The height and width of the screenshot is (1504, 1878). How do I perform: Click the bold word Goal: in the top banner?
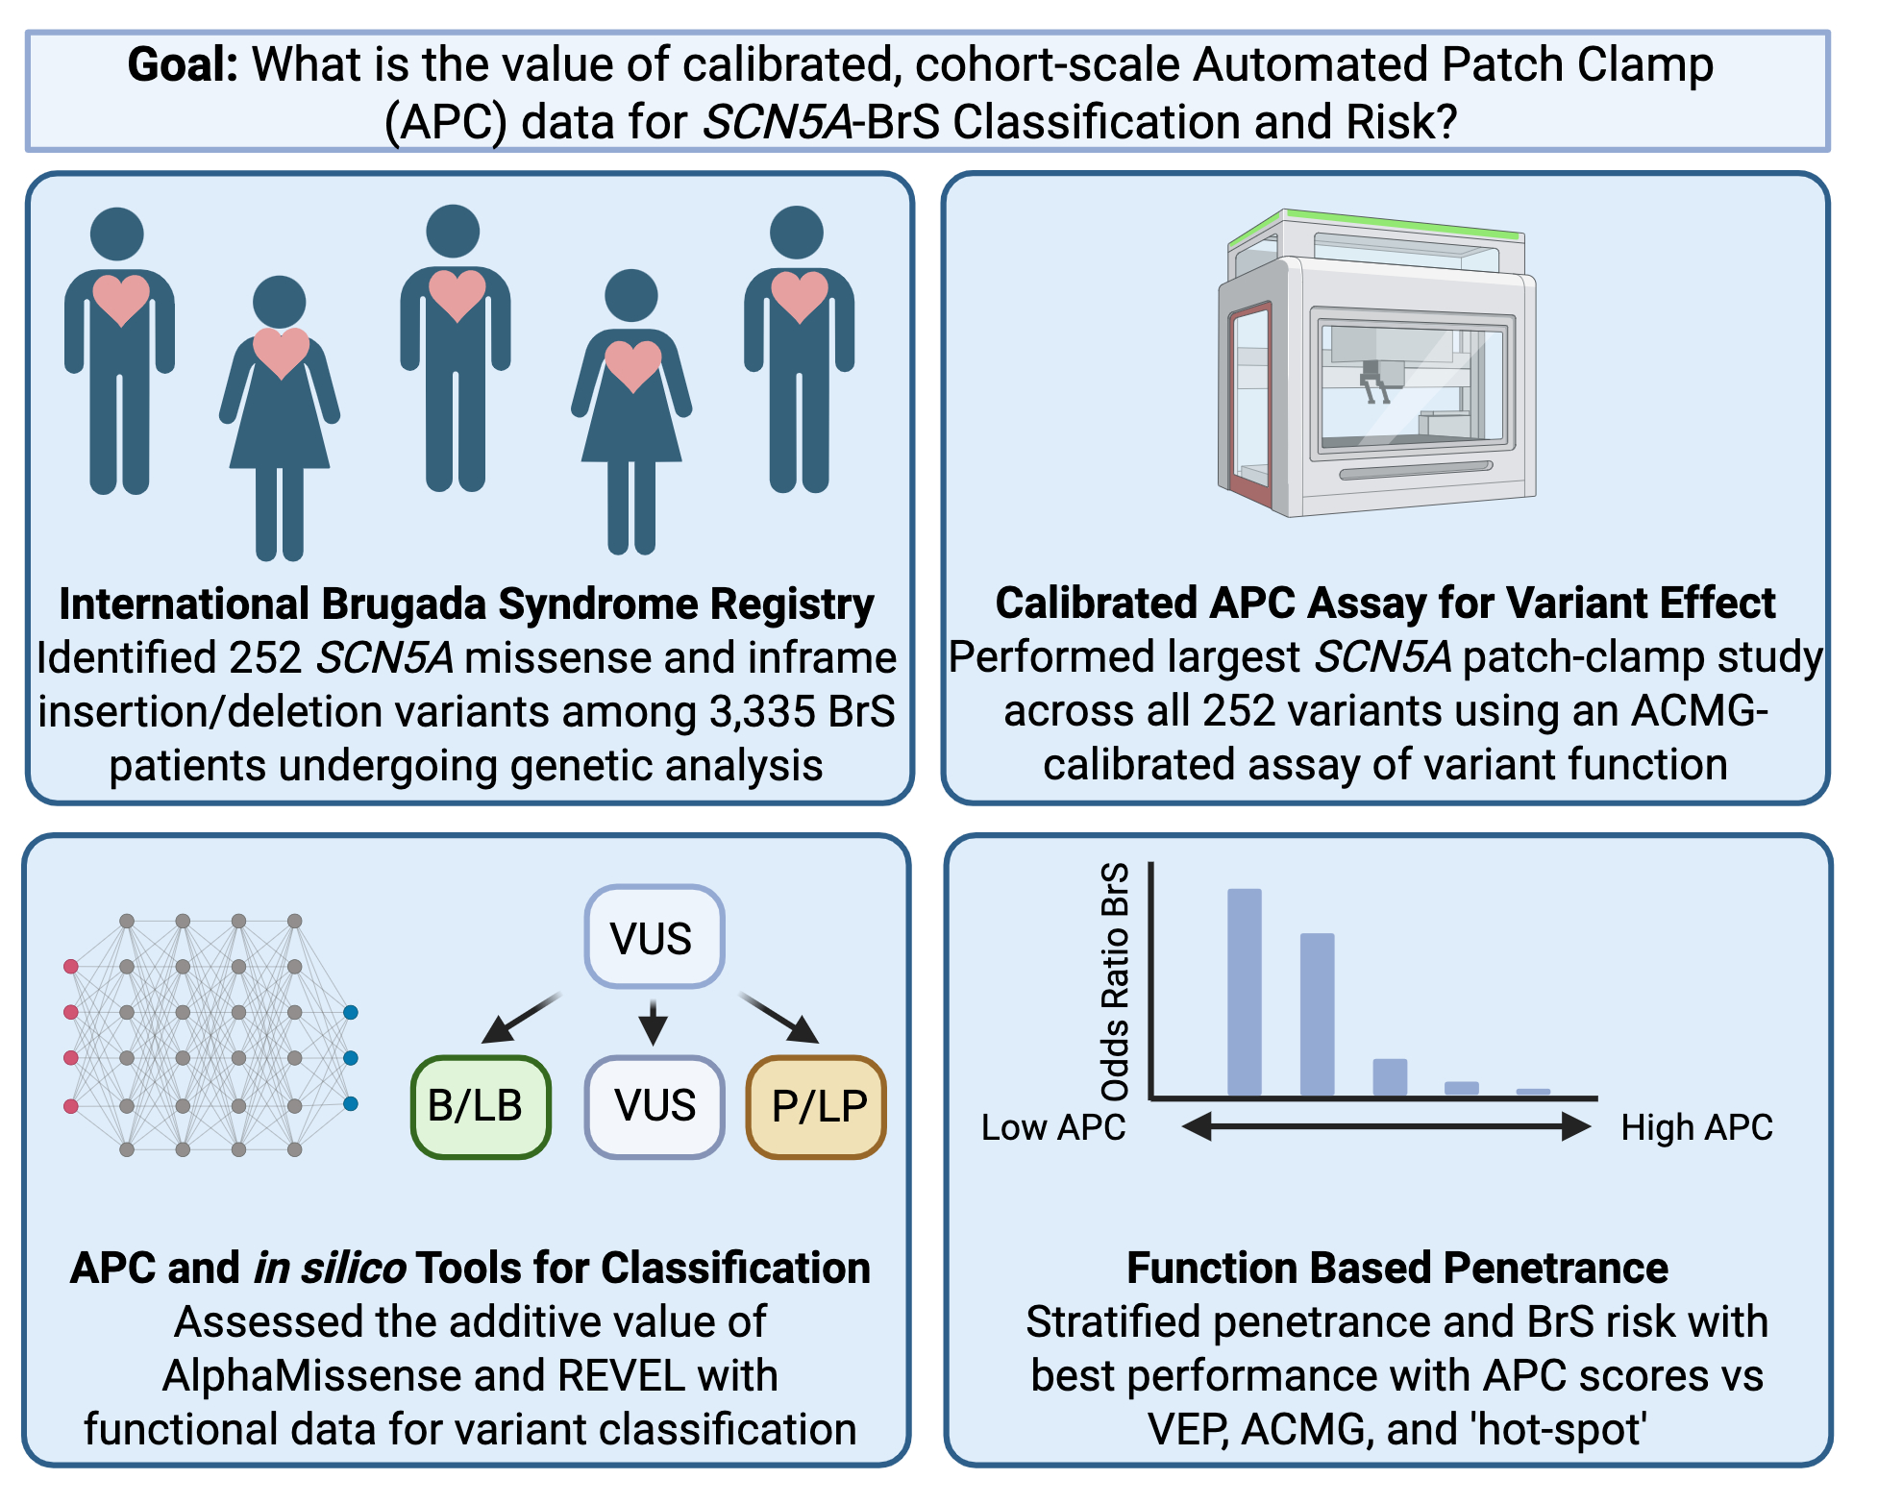[183, 65]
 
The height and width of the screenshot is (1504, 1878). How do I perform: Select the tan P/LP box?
[817, 1106]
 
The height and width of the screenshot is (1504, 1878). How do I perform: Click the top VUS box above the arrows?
[654, 937]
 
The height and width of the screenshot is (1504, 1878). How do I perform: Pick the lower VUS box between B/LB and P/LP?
[654, 1106]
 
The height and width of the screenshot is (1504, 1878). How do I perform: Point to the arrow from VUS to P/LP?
[779, 1019]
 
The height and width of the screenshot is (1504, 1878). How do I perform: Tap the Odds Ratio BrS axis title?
[1115, 980]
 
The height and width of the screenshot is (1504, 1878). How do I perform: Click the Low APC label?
[1052, 1127]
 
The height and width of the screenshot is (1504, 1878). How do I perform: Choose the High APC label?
[1696, 1127]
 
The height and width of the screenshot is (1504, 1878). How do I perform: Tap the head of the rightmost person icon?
[797, 233]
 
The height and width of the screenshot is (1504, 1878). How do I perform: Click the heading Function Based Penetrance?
[1396, 1268]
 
